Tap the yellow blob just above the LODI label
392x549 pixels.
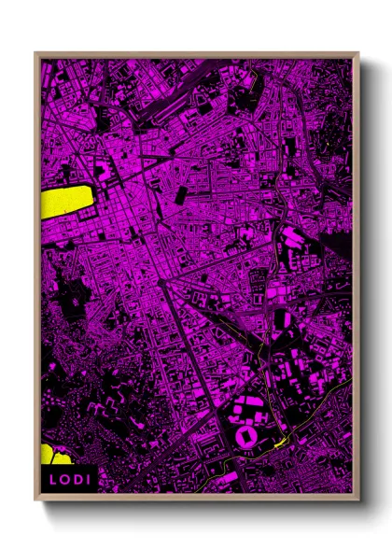point(55,456)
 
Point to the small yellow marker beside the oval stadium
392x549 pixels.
point(279,442)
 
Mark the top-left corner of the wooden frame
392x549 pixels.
point(35,53)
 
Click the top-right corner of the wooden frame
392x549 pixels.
point(358,53)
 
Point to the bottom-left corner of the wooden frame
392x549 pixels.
point(35,500)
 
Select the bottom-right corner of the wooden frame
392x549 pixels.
point(358,500)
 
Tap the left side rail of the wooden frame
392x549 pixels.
point(38,280)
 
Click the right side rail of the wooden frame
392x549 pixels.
point(356,280)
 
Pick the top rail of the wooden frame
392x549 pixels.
point(196,55)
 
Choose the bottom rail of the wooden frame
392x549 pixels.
point(196,497)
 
